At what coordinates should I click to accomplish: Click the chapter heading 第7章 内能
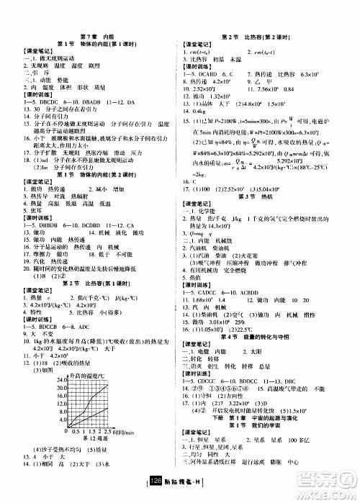click(93, 35)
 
